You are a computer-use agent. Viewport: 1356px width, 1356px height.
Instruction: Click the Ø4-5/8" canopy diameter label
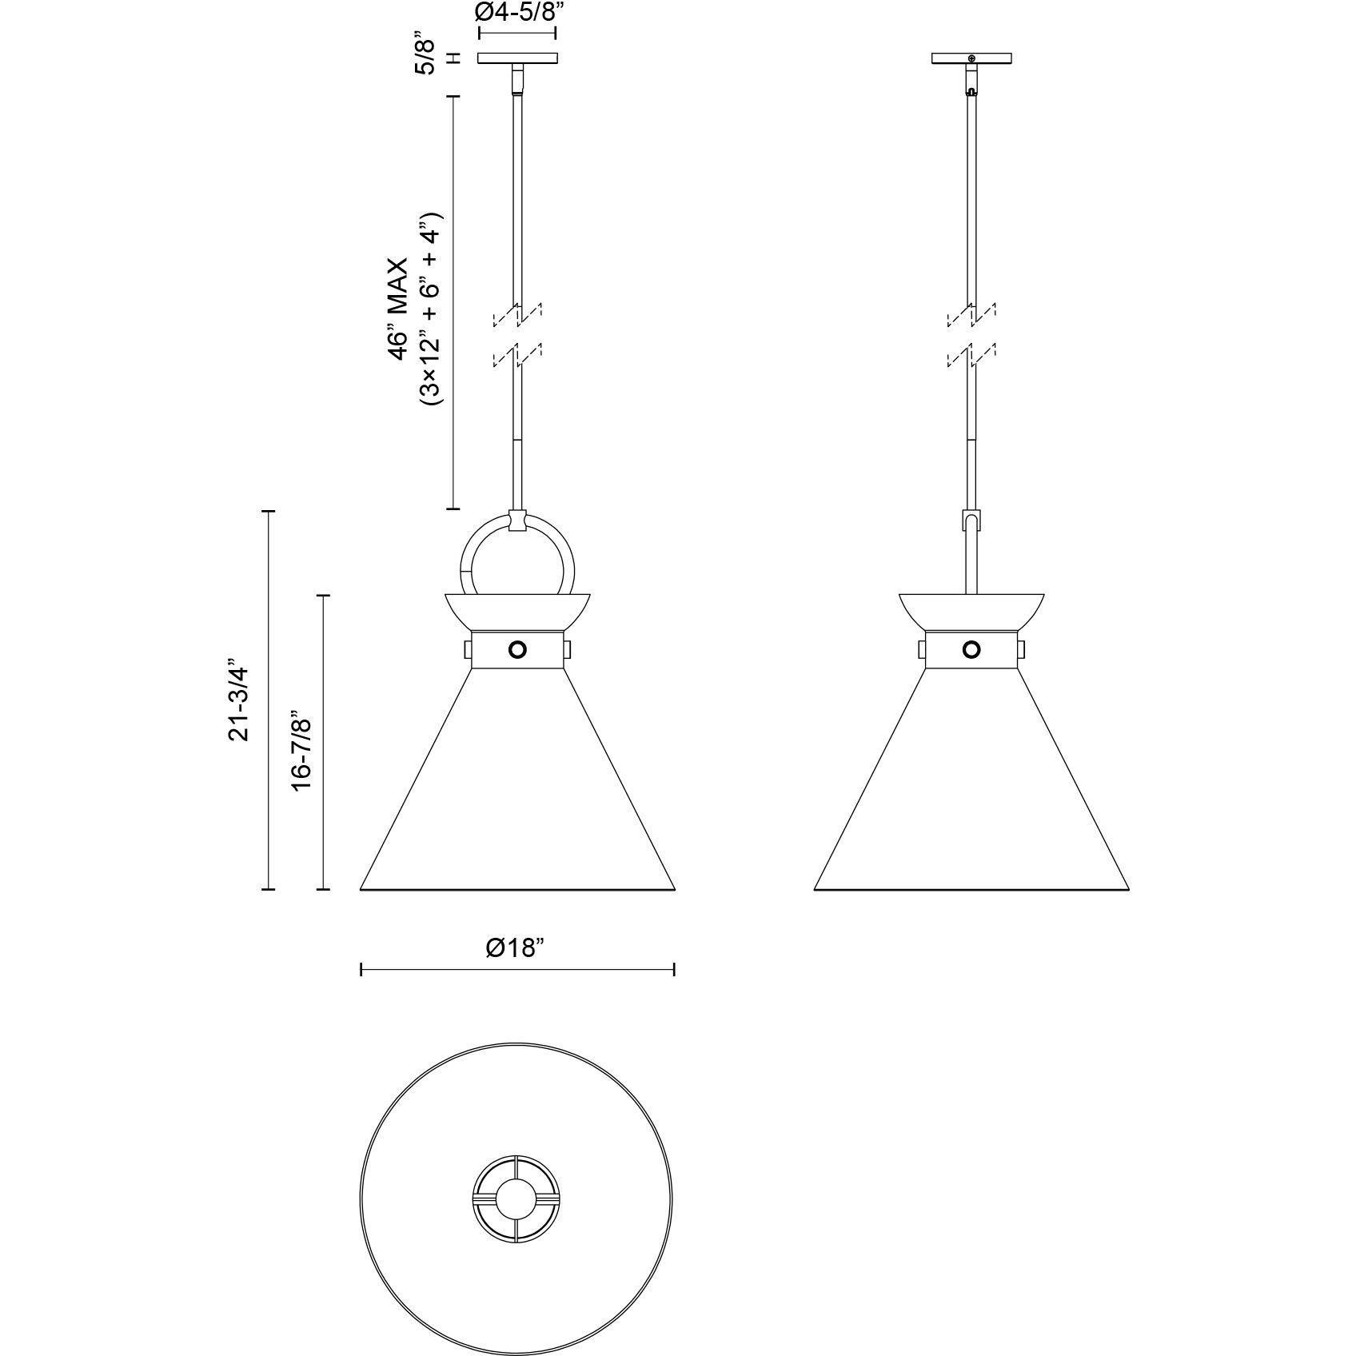(516, 13)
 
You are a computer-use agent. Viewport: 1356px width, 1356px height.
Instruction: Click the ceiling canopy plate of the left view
(517, 58)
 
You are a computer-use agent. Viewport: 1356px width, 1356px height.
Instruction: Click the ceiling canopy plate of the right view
(971, 58)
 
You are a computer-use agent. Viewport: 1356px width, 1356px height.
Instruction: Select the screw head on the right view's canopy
(971, 58)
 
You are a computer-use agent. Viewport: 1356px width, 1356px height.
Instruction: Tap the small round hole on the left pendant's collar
(517, 649)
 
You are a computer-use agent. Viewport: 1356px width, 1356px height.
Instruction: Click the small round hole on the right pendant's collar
(971, 649)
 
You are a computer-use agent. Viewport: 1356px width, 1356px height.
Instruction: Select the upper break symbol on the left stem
(518, 315)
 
